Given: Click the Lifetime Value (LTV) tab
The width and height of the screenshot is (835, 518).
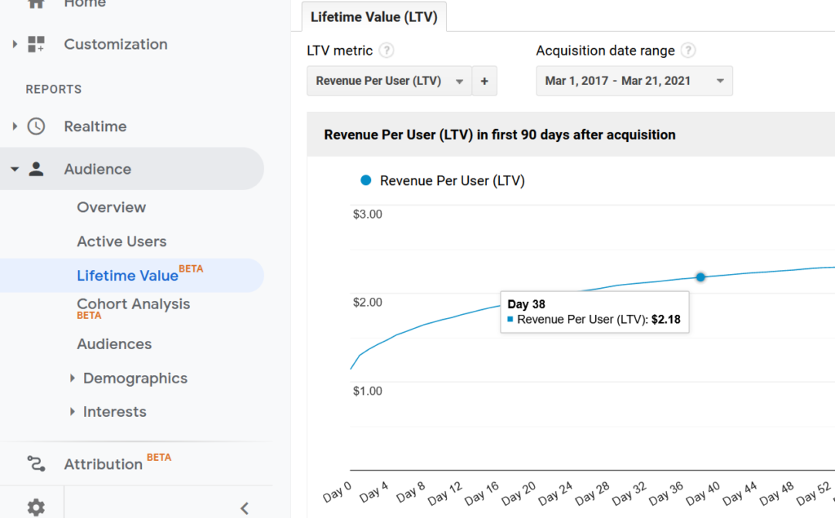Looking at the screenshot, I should point(373,16).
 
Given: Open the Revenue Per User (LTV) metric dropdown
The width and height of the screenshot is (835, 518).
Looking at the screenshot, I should point(389,81).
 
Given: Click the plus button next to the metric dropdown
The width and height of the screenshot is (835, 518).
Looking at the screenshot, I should point(484,81).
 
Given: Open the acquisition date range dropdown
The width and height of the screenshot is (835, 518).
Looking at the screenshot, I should point(634,81).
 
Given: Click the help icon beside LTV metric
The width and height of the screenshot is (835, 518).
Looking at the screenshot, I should point(387,51).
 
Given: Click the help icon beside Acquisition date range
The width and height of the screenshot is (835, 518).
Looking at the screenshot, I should point(688,51).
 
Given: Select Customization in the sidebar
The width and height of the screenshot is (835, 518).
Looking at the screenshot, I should point(115,44).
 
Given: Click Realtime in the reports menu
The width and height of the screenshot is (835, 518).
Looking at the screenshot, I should point(95,126).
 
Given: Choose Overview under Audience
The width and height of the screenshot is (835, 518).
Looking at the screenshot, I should point(111,207).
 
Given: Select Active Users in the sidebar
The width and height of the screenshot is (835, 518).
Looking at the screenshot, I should point(121,241).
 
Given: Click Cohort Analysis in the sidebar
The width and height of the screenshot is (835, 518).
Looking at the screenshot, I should point(133,304).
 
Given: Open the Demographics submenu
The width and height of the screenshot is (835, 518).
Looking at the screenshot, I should point(135,379).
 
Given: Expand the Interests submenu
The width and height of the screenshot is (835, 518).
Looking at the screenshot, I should point(114,412).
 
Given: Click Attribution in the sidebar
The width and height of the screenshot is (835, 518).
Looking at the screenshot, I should point(103,464).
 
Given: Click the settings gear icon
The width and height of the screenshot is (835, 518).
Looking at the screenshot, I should point(36,507).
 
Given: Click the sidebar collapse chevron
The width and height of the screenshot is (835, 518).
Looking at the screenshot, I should point(244,508).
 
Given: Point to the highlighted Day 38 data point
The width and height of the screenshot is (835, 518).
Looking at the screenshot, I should point(700,277).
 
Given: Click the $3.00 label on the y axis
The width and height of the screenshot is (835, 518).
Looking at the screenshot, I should point(367,215).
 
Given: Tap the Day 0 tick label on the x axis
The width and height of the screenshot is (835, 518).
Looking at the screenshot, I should point(337,494).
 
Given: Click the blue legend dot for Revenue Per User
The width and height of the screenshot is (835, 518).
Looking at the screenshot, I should point(365,180).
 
